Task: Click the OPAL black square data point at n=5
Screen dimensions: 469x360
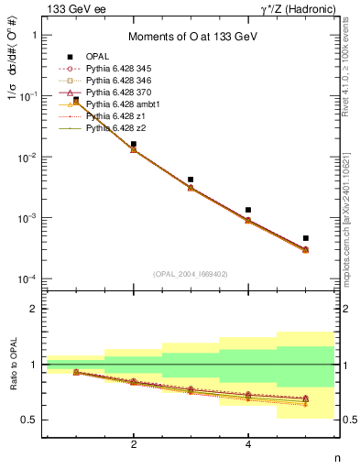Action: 306,238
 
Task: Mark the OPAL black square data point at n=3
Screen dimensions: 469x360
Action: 191,180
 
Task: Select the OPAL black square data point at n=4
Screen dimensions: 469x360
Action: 248,210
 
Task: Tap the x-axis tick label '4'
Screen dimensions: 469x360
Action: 248,445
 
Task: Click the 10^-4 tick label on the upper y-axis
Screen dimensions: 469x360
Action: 29,278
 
